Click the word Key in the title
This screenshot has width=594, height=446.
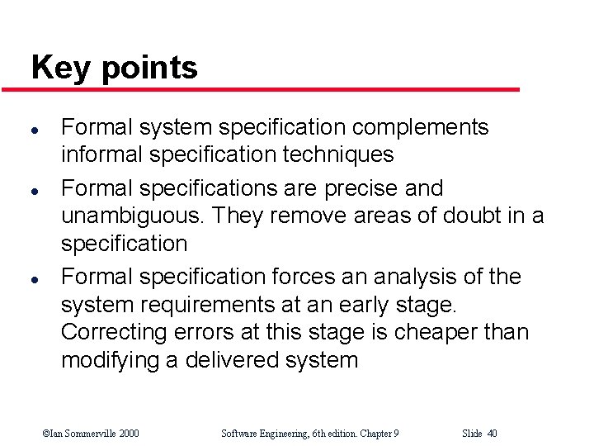pos(62,67)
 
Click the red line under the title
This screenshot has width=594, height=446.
pos(272,89)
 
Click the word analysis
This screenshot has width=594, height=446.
pos(405,277)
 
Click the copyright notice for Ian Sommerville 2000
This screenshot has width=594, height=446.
pos(91,434)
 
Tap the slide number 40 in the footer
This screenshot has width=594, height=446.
pos(492,434)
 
